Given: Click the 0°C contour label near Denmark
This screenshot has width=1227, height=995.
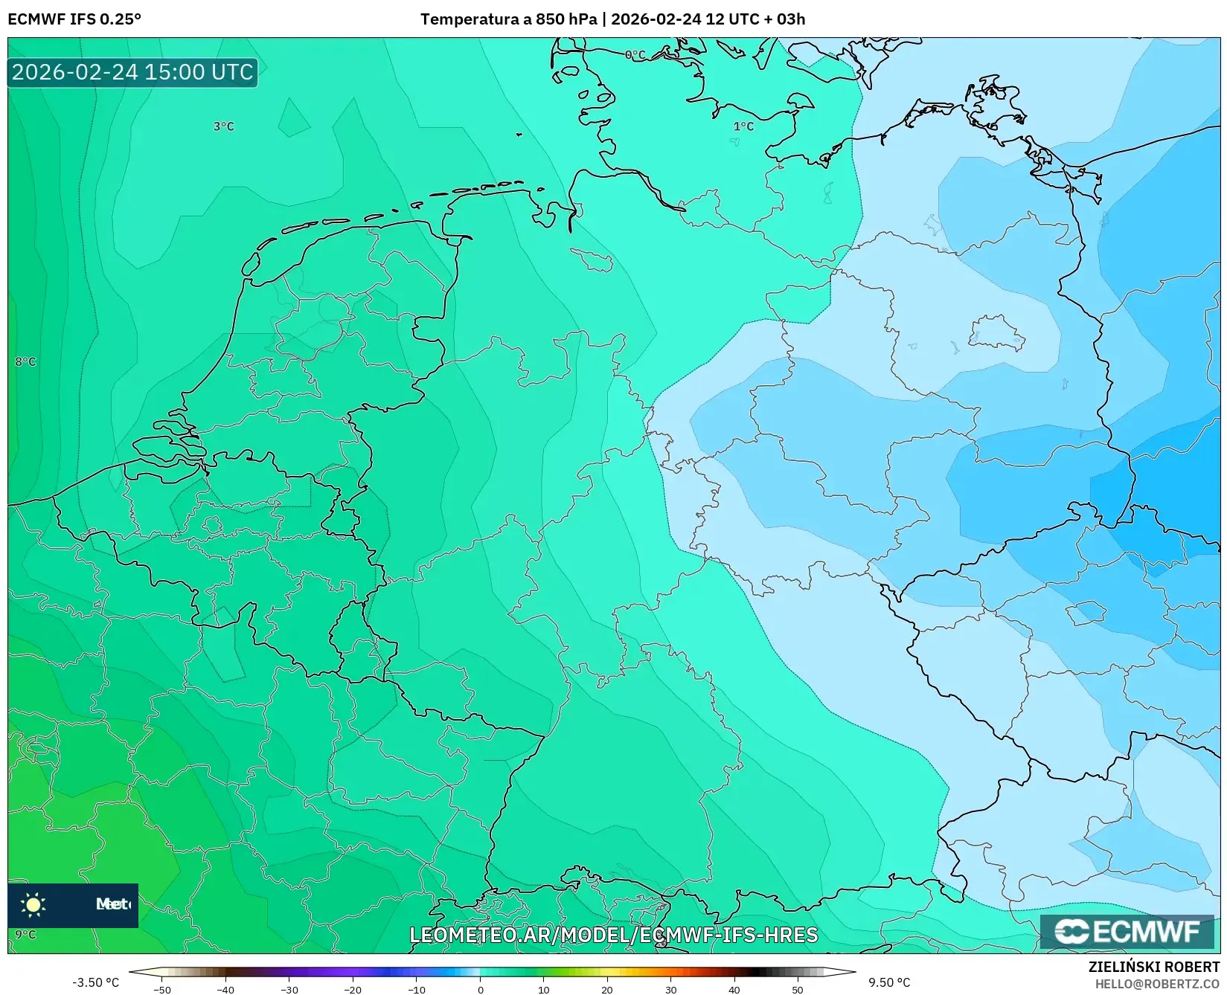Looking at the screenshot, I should [x=635, y=55].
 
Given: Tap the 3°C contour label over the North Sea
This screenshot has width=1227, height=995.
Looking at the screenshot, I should [x=223, y=126].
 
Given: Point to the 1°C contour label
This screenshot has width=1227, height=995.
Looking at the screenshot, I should [x=743, y=126].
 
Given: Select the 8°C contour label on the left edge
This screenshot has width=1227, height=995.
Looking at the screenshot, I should [x=25, y=362].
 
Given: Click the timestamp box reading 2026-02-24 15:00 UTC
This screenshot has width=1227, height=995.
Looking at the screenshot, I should [x=132, y=72].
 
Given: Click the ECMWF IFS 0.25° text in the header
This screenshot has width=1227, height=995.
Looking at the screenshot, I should [x=74, y=19].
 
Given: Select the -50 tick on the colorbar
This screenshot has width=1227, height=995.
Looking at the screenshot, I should [x=162, y=989].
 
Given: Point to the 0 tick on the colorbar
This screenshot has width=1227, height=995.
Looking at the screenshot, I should [x=481, y=989].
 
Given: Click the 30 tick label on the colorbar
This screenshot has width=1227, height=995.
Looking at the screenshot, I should [x=671, y=989].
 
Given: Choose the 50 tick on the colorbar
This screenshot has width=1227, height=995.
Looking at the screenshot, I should [x=798, y=989].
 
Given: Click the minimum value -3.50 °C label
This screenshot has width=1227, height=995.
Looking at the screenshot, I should [x=95, y=982].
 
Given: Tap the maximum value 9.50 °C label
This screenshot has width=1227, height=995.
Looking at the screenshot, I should [x=889, y=982].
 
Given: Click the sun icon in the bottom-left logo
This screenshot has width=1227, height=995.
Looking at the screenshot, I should [x=33, y=904].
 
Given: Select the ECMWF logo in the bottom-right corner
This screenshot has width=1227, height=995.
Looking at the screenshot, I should [x=1127, y=932].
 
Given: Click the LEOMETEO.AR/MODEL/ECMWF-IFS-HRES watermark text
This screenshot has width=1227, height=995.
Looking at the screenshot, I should [x=614, y=935].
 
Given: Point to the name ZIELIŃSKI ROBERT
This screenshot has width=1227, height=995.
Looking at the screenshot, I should [x=1154, y=967].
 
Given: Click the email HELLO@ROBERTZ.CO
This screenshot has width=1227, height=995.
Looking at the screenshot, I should [x=1157, y=984].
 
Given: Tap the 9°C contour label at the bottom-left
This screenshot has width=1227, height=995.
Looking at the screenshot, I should [x=25, y=935].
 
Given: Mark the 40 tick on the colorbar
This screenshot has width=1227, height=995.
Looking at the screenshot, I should [x=734, y=989].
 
